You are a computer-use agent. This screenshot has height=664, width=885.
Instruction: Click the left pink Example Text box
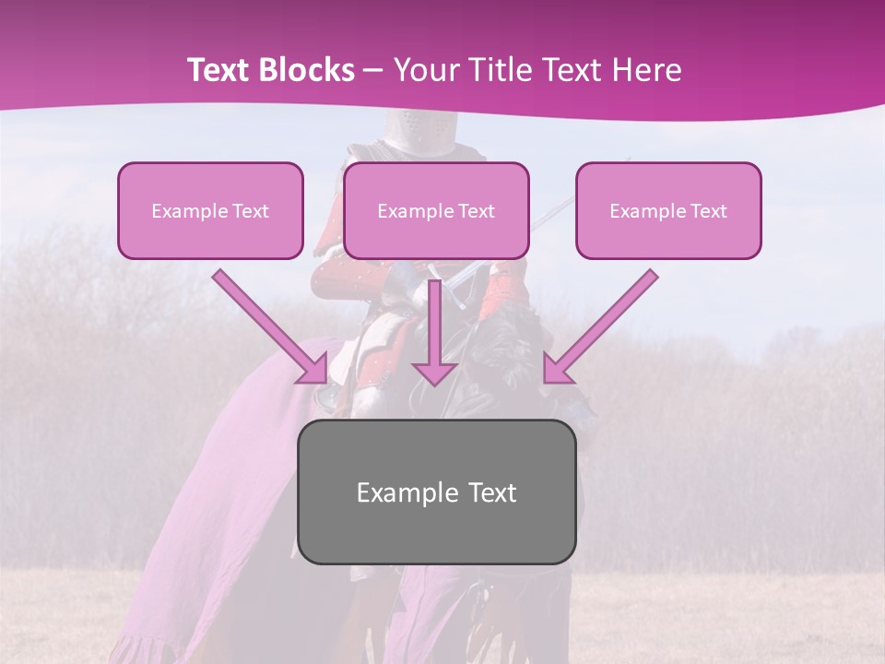210,210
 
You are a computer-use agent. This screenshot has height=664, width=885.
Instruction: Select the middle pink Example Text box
436,210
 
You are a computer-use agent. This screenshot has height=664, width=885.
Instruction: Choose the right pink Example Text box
668,210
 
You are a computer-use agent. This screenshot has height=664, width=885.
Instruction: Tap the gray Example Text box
436,492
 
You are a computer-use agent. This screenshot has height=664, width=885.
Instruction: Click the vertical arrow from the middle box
434,323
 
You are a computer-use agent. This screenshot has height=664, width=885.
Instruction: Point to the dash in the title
373,70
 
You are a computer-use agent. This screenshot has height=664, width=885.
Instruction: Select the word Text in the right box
708,211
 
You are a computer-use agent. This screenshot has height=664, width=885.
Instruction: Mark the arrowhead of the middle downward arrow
434,372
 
